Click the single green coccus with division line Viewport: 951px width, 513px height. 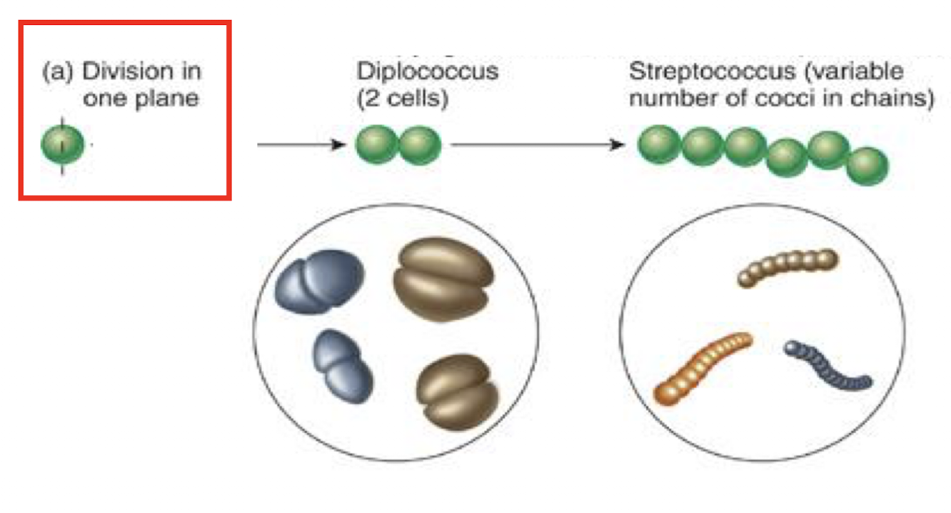[x=62, y=146]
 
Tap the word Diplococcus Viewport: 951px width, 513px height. [x=427, y=72]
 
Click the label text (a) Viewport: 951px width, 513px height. [x=59, y=72]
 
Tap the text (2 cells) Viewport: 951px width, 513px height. [x=403, y=98]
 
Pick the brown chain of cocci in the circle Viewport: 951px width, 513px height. [x=787, y=267]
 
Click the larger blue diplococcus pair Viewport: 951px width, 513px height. [x=319, y=281]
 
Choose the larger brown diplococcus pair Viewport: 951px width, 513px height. [x=443, y=279]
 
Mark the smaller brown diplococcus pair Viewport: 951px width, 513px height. [x=458, y=392]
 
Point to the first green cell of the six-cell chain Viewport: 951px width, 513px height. [x=657, y=144]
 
